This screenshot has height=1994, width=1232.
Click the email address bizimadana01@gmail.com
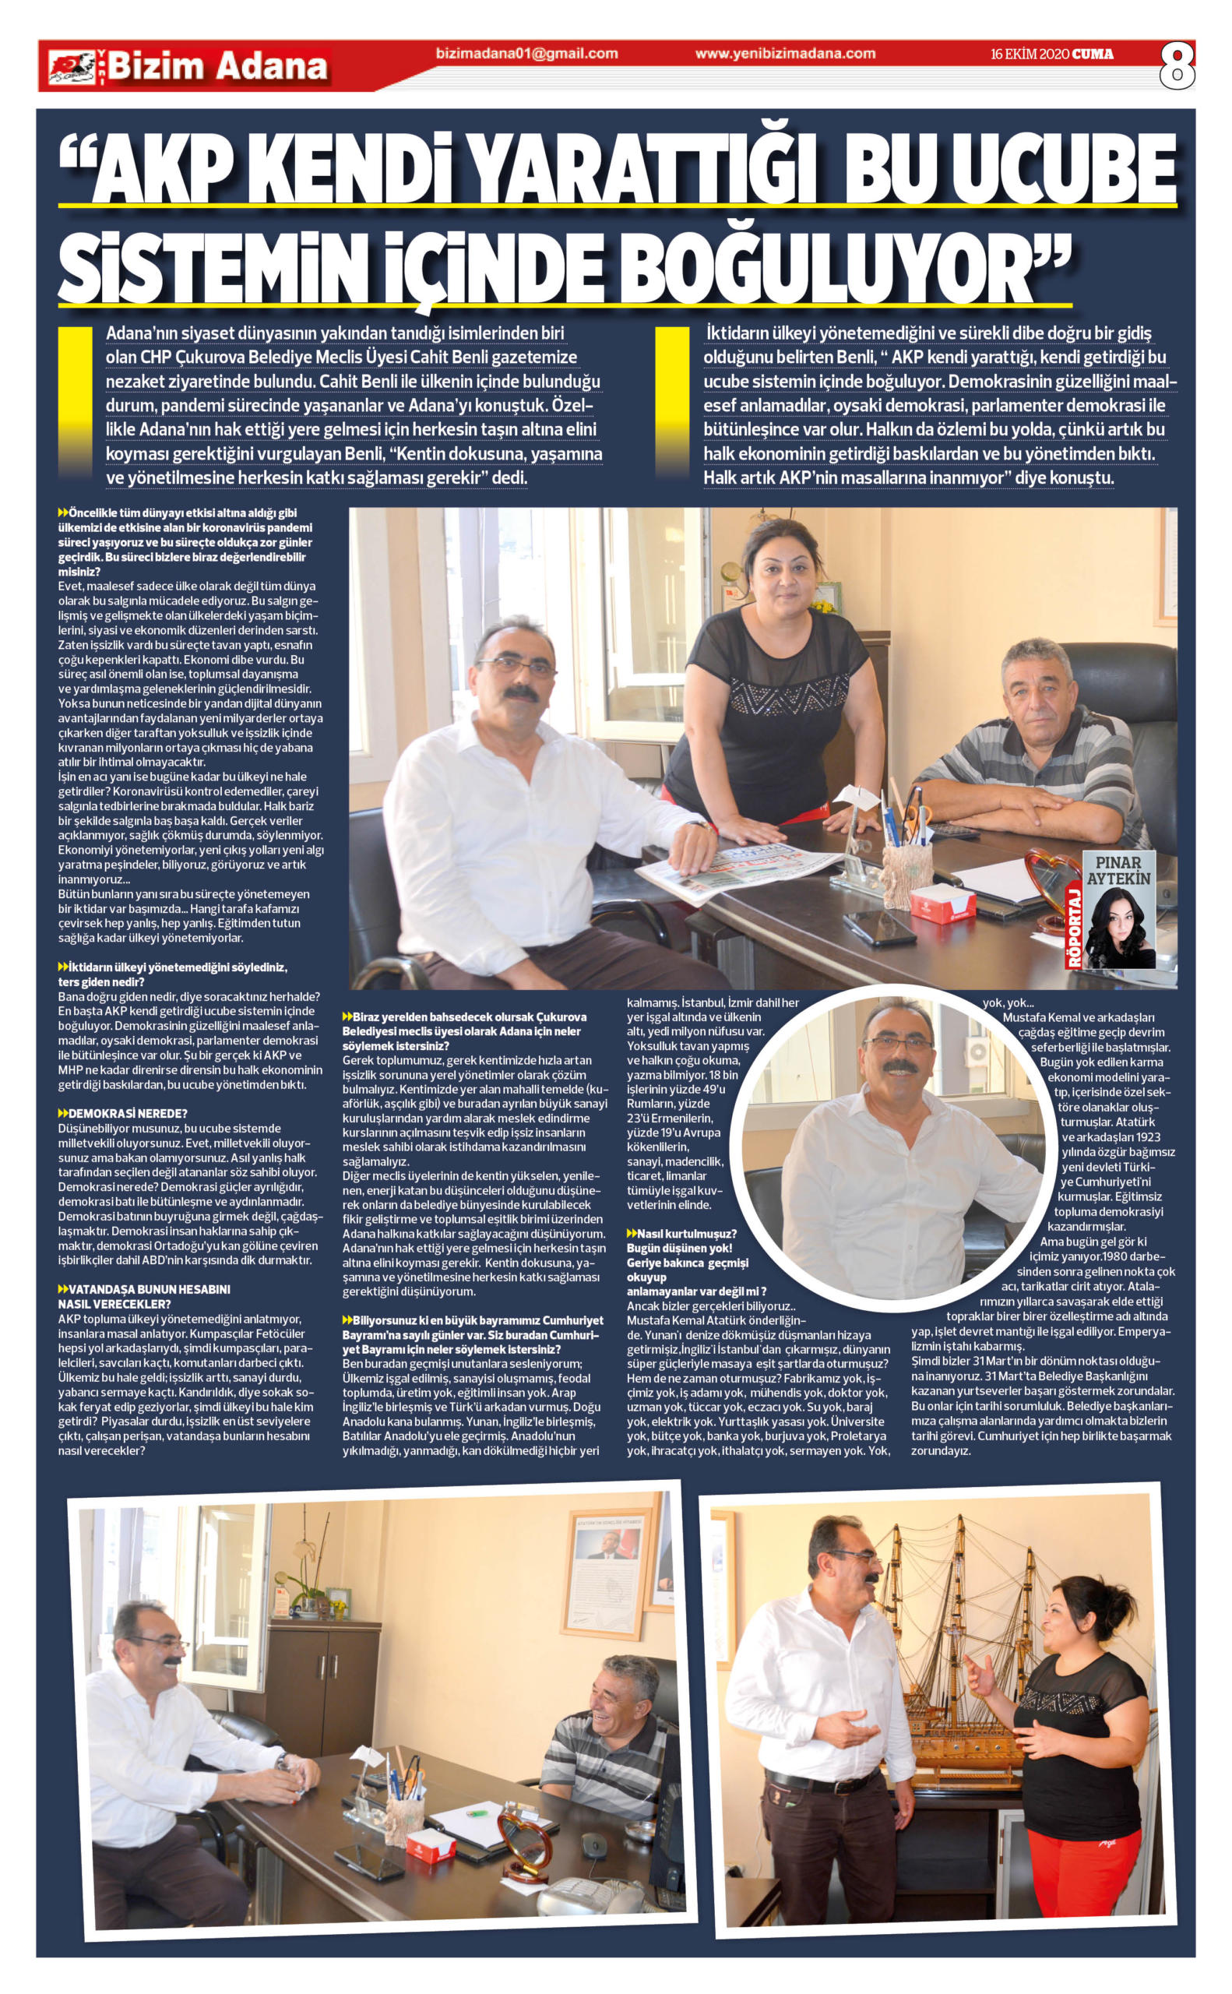[x=526, y=55]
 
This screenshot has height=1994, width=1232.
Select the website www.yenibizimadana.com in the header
[x=786, y=55]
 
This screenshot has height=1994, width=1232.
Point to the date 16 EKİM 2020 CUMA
[x=1052, y=55]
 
